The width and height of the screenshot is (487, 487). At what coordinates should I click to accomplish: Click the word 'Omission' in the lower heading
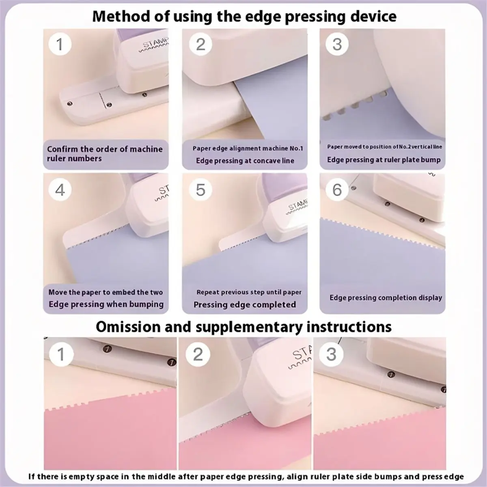128,327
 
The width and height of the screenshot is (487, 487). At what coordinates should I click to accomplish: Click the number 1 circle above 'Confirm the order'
60,45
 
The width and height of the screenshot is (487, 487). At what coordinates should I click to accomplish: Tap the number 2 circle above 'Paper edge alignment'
200,45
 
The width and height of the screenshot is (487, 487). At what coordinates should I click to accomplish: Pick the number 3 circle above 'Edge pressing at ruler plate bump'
337,45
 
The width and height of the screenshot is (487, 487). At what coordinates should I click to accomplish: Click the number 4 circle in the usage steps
60,190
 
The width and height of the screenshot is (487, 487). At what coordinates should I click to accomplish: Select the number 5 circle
200,190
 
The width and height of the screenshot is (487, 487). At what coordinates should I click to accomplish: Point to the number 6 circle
337,190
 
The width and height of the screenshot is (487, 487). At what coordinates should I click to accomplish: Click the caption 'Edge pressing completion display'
386,298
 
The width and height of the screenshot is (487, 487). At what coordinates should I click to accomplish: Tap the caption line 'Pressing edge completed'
245,304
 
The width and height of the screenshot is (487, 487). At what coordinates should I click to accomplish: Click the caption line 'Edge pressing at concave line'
245,161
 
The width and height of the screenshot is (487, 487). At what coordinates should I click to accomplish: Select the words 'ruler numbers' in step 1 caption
74,159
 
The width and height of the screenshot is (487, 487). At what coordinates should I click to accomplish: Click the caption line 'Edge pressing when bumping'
106,304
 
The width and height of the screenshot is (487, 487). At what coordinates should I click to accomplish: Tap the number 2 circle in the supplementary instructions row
198,354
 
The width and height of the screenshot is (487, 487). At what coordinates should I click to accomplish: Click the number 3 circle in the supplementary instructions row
331,354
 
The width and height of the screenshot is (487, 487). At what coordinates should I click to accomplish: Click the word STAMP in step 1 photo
156,43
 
